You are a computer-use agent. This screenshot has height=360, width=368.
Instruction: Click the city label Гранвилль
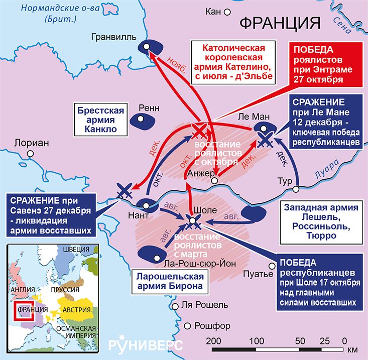click(x=113, y=37)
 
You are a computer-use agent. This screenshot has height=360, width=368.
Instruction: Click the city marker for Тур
click(x=297, y=189)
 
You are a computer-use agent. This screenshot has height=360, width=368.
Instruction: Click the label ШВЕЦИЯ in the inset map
click(x=75, y=250)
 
